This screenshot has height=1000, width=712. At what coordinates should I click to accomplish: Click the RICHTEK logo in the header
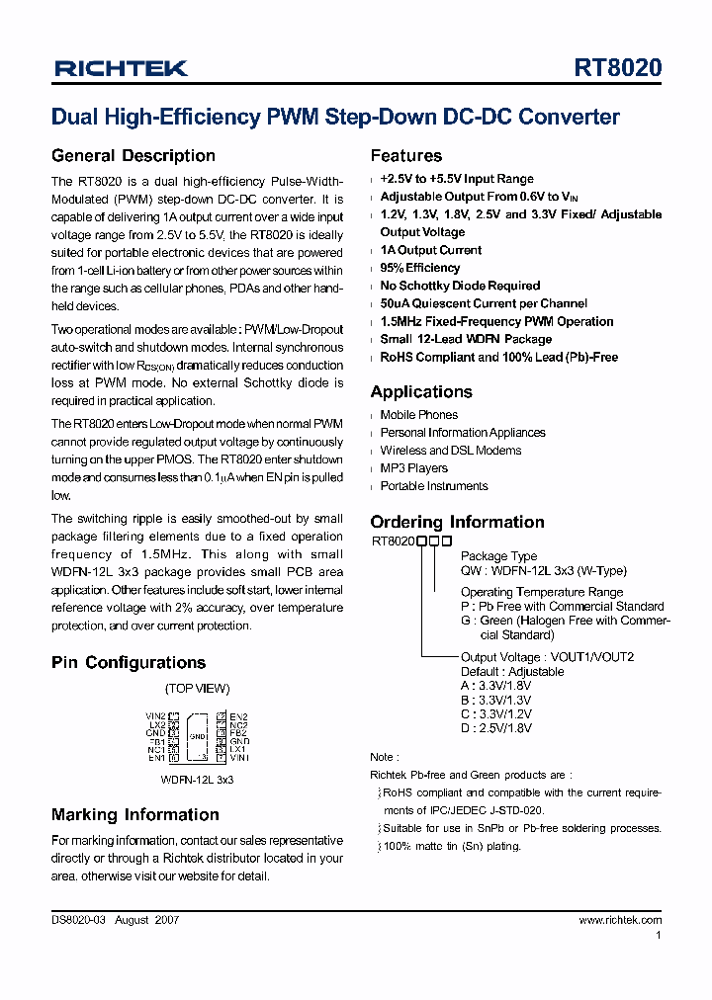coord(121,68)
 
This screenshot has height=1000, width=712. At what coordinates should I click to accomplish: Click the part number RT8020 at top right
coord(618,67)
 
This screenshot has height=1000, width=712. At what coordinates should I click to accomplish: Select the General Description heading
coord(133,155)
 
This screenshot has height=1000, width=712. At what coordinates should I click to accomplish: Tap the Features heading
coord(405,155)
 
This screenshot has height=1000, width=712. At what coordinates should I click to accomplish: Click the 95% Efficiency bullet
coord(419,268)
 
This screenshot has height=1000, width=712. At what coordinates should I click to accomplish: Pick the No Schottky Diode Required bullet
coord(460,286)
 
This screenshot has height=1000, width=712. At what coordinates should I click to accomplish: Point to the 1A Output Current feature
coord(430,250)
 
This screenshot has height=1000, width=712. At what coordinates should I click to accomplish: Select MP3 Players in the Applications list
coord(413,468)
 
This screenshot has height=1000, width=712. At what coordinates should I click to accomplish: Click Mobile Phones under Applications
coord(418,415)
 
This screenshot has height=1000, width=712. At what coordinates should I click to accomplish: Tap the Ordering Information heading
coord(457,522)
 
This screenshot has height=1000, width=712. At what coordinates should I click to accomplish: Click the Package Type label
coord(498,556)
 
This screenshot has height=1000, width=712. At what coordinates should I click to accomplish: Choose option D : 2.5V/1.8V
coord(496,728)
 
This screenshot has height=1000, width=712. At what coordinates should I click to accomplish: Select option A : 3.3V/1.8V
coord(496,686)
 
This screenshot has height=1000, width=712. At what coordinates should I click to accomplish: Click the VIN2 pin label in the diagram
coord(155,715)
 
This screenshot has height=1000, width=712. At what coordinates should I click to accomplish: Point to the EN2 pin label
coord(238,715)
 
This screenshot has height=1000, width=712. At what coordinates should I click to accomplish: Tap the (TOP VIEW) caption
coord(197,688)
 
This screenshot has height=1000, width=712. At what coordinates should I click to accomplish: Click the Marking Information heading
coord(134,814)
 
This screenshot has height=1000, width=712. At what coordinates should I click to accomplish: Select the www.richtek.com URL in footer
coord(620,920)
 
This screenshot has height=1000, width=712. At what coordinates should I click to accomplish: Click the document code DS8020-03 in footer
coord(79,920)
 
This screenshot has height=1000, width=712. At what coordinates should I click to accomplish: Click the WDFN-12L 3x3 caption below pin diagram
coord(197,780)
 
